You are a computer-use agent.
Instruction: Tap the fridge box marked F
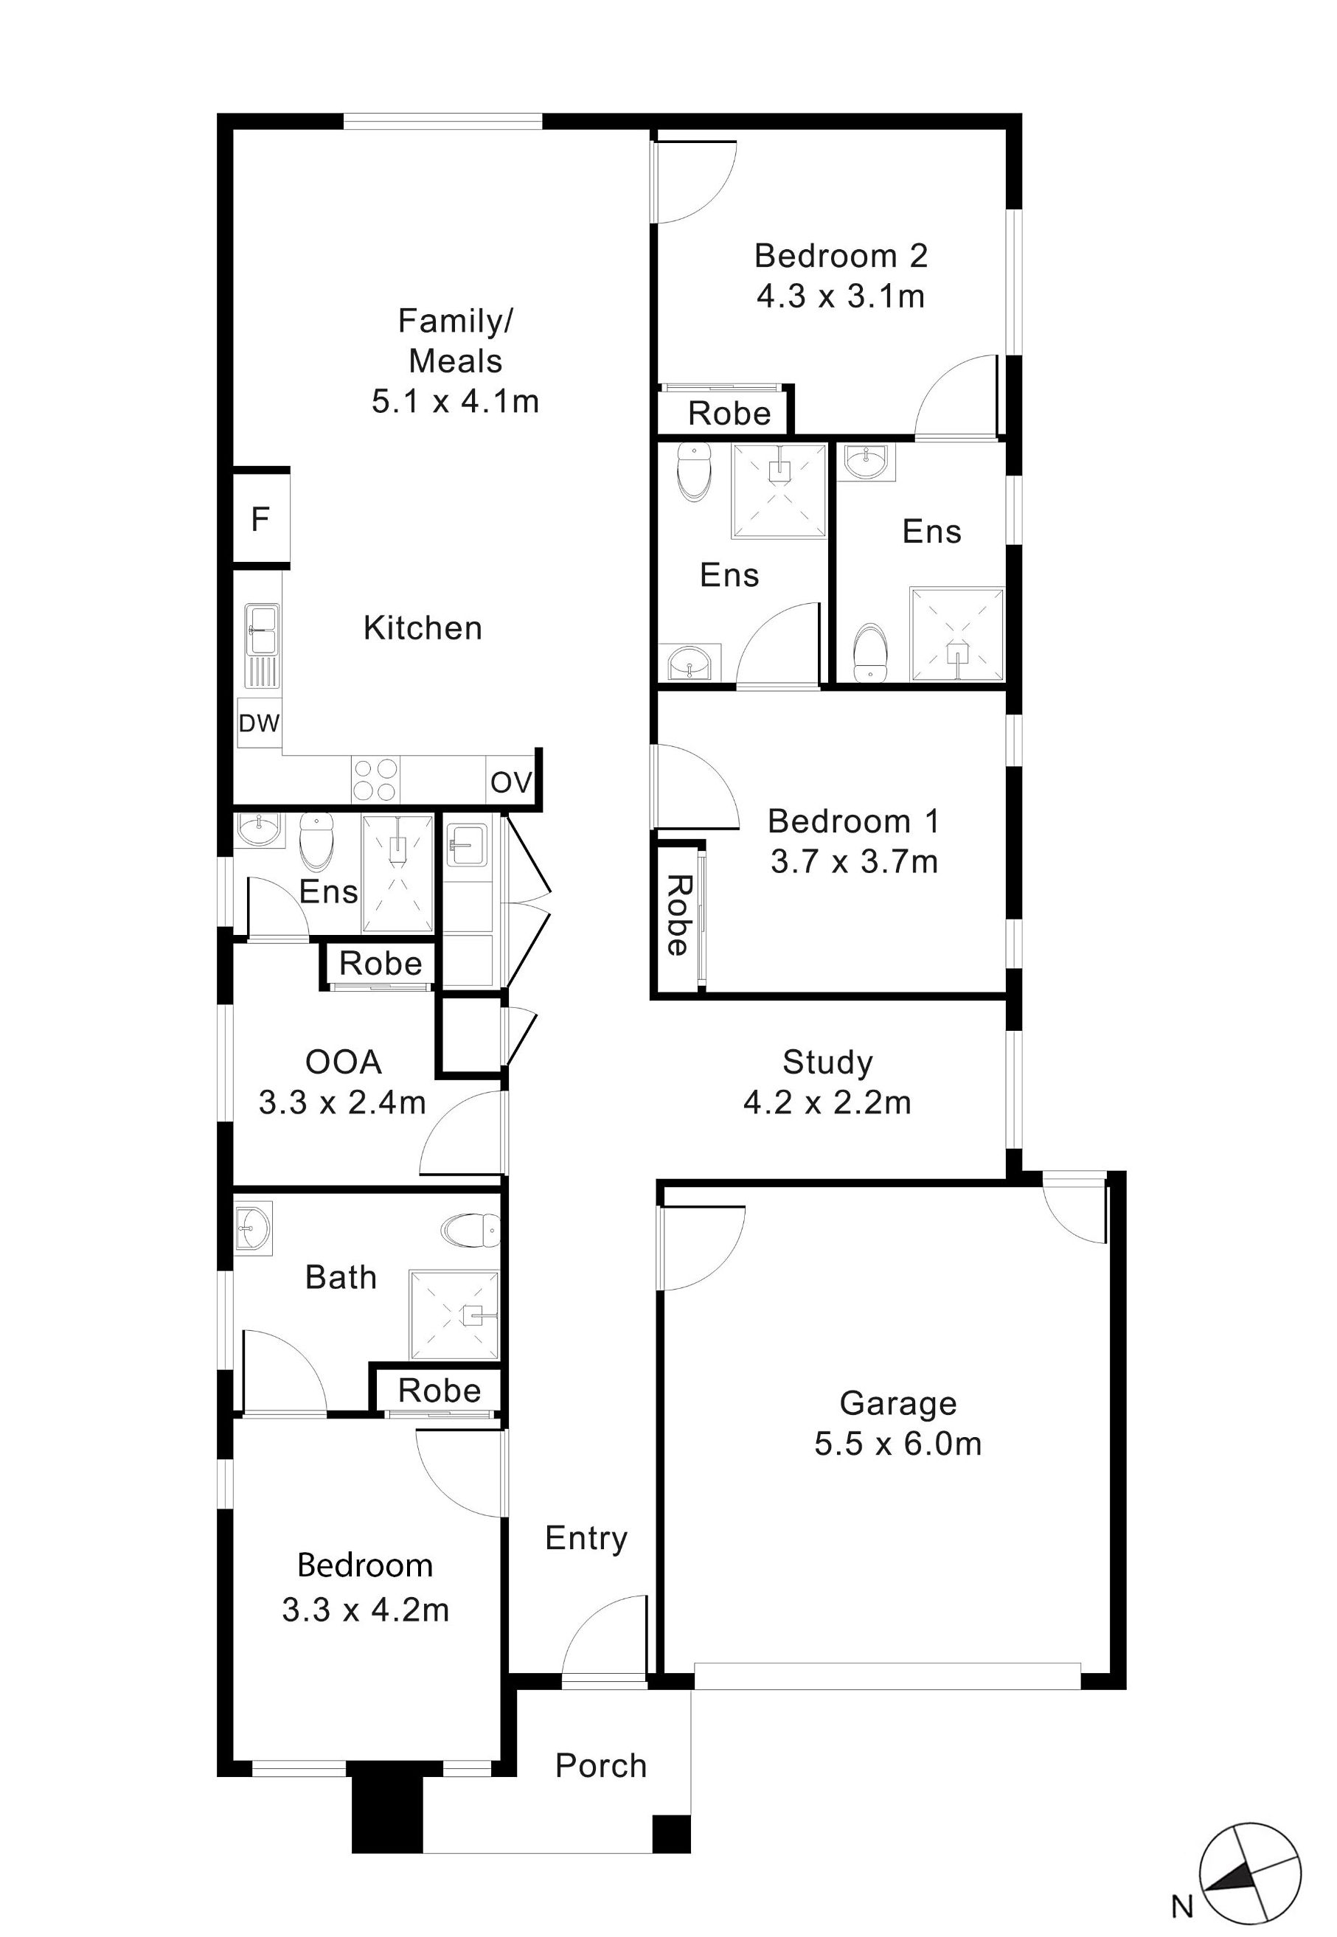260,519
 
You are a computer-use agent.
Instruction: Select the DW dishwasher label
259,723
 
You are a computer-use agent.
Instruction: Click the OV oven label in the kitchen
511,783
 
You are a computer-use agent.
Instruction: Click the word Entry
586,1538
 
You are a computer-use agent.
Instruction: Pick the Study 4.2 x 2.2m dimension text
827,1103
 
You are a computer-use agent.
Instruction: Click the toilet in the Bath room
469,1230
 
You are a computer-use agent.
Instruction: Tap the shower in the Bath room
454,1315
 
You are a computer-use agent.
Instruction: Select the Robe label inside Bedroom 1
677,915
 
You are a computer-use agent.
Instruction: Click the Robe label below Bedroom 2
729,414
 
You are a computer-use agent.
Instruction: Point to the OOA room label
344,1062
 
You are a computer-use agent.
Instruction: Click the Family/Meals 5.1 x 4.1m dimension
455,402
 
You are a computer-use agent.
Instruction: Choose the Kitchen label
423,628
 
